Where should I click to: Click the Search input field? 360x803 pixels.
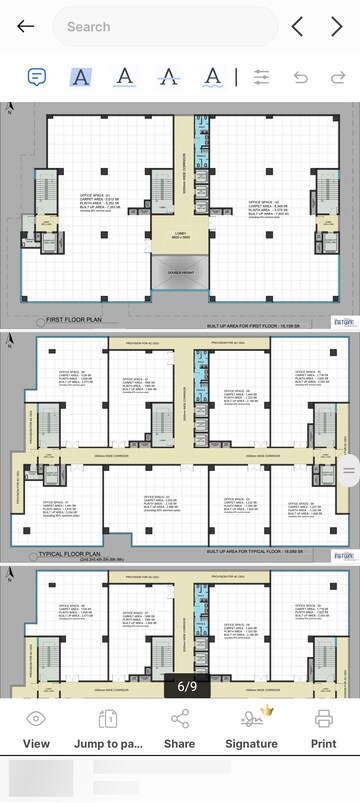tap(165, 27)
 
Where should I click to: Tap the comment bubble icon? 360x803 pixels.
tap(37, 77)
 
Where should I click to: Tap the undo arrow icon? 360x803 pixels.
tap(301, 77)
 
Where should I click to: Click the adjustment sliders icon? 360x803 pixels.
tap(263, 77)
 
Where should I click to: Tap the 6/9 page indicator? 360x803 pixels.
tap(187, 686)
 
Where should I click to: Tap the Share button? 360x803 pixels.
tap(180, 729)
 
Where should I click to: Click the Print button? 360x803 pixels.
tap(323, 729)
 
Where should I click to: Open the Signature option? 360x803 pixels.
tap(251, 729)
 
